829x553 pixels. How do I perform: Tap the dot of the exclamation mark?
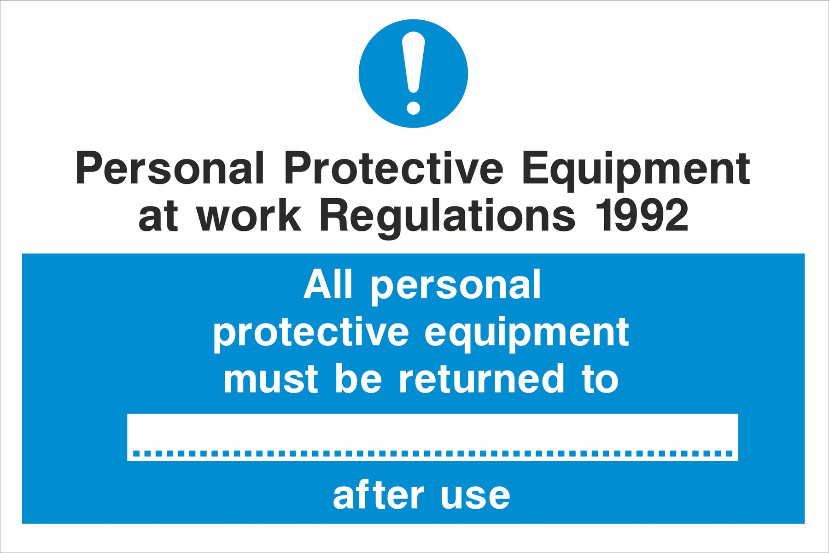point(413,107)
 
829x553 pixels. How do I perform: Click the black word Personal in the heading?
point(170,168)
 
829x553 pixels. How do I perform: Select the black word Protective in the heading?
point(394,168)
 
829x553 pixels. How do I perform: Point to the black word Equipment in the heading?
point(636,171)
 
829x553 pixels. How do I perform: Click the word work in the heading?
point(249,216)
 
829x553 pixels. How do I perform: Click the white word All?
point(327,285)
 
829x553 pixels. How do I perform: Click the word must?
point(271,379)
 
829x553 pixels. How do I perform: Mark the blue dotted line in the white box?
point(432,453)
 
